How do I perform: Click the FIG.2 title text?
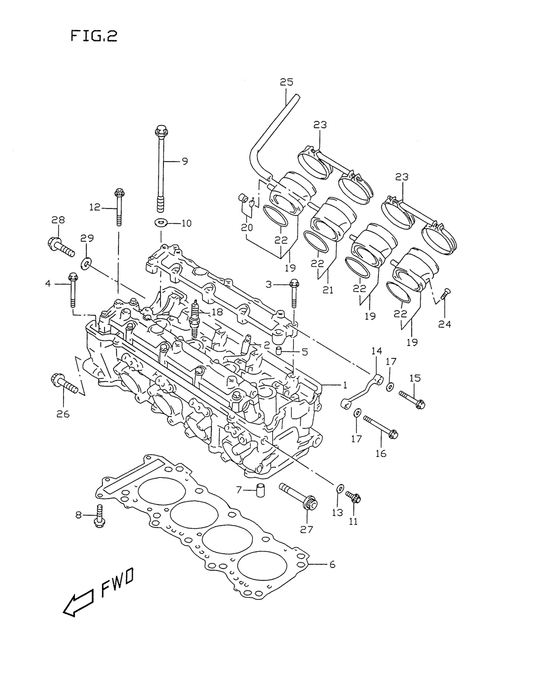[94, 36]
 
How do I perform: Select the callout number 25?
[287, 82]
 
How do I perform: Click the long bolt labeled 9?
[160, 169]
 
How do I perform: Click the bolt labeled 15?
[412, 400]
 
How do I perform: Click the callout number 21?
[328, 290]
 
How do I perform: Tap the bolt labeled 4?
[72, 290]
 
